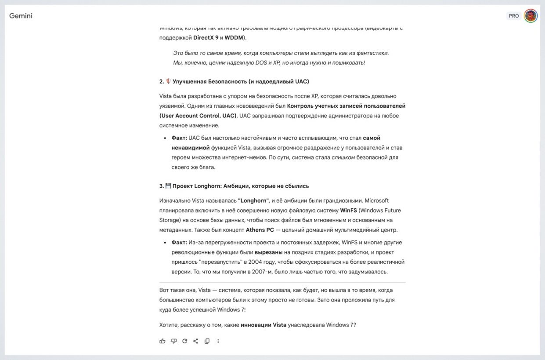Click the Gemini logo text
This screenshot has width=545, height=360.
click(x=21, y=16)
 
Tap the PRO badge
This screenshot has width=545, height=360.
click(x=514, y=16)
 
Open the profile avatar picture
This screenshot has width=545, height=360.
click(x=531, y=16)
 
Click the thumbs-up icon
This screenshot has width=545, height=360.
click(x=162, y=341)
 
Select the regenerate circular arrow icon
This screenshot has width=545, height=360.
click(x=185, y=341)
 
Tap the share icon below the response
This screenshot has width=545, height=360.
click(x=196, y=341)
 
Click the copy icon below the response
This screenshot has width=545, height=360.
click(x=207, y=341)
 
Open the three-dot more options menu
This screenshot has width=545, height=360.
click(x=218, y=341)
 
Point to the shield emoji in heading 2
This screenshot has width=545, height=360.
click(x=168, y=81)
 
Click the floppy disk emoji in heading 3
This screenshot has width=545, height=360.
click(x=168, y=186)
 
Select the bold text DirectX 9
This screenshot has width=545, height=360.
click(x=206, y=38)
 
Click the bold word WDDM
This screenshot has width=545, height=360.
click(x=234, y=38)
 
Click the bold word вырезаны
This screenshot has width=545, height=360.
click(x=268, y=252)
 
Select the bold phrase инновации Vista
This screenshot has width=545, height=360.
click(x=263, y=325)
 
